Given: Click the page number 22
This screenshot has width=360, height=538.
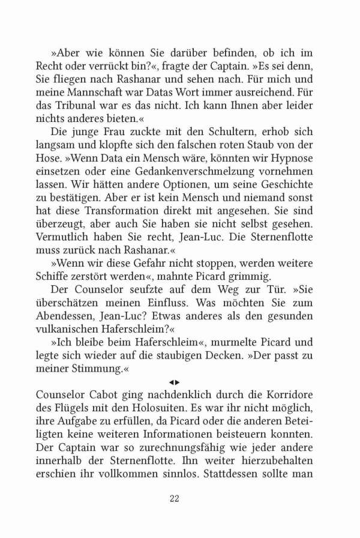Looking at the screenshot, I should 174,498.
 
